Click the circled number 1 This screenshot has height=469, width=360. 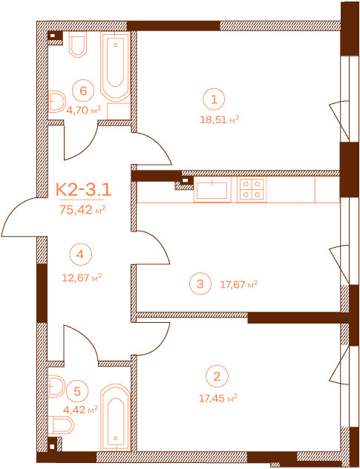tap(214, 99)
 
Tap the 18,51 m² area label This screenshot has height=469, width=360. tap(219, 120)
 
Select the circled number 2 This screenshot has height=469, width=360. tap(217, 376)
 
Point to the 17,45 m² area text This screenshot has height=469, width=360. tap(218, 398)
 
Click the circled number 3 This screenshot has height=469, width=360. tap(200, 283)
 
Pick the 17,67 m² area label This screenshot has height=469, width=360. tap(239, 284)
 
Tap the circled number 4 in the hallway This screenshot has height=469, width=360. tap(80, 255)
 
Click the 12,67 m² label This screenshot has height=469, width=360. tap(82, 278)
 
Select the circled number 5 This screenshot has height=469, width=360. tap(77, 392)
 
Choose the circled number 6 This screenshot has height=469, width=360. tap(83, 91)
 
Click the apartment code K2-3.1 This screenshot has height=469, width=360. tap(84, 190)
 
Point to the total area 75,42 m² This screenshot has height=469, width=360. tap(82, 210)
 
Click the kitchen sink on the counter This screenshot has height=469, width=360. tap(212, 190)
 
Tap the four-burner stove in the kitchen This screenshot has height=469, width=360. tap(252, 190)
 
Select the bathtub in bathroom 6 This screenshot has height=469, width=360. tap(116, 67)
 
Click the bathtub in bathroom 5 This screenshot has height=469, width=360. tap(116, 416)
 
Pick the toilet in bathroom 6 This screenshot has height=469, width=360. tap(78, 45)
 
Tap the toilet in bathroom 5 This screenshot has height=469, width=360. tap(61, 425)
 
